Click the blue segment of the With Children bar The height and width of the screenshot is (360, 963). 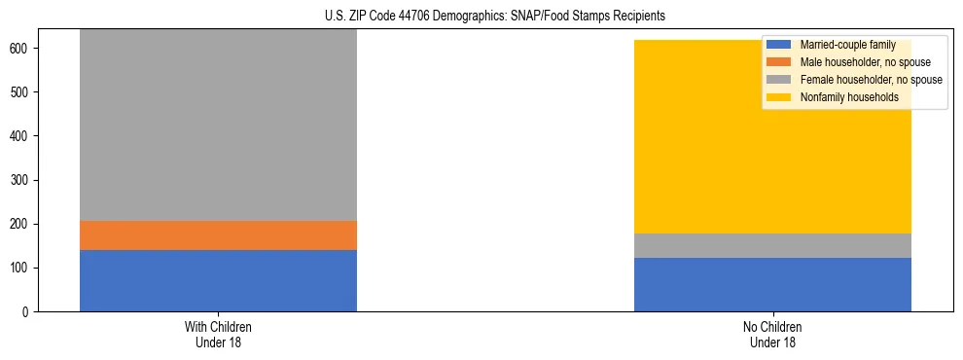pos(218,280)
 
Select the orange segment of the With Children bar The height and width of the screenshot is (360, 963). pos(218,235)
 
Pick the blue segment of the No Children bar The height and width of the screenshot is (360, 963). pos(772,284)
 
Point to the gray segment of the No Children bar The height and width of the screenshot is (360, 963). pos(772,245)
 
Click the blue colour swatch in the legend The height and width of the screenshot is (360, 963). pos(779,45)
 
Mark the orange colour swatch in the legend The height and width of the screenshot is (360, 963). pos(779,62)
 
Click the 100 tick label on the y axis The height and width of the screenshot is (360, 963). pos(22,268)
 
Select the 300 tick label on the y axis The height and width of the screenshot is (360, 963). pos(22,180)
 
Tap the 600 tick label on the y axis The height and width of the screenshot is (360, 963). pos(22,49)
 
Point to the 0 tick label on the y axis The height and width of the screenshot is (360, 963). pos(28,311)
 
